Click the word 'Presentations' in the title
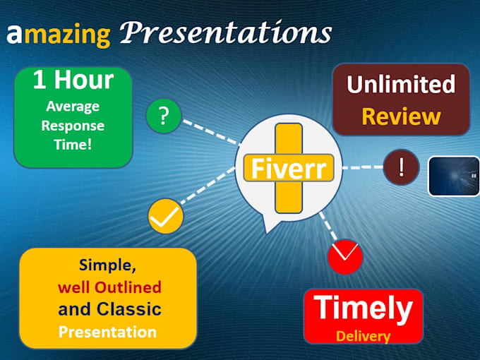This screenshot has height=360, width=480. [x=225, y=32]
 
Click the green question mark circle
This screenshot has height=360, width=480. [x=164, y=116]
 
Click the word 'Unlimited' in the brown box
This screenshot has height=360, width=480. [x=400, y=84]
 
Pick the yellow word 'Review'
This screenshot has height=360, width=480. [x=400, y=116]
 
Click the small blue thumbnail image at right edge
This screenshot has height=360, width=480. [x=454, y=175]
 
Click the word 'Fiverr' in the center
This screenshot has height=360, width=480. [x=289, y=169]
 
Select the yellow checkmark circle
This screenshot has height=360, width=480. [x=166, y=217]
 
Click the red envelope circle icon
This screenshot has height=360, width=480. [x=345, y=256]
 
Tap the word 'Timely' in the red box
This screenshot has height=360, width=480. [x=363, y=308]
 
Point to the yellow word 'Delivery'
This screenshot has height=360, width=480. [x=363, y=336]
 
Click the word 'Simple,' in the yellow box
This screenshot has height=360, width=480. [x=107, y=265]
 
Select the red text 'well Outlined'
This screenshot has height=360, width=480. [x=109, y=287]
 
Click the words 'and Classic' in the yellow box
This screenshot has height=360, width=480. [x=109, y=309]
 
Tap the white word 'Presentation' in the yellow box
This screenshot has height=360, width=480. [x=107, y=331]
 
